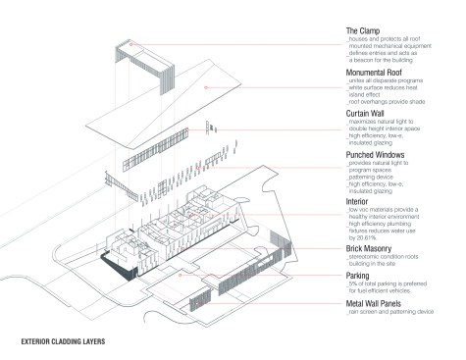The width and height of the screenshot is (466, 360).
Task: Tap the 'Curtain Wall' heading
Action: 371,113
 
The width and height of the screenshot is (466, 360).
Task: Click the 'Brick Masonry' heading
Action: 375,251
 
